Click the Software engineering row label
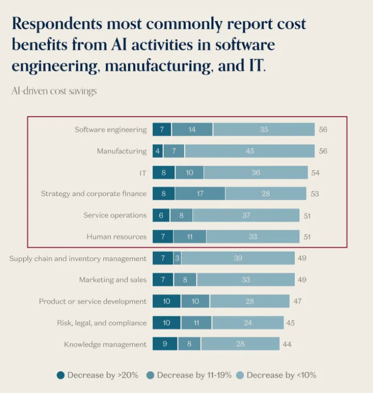(x=111, y=129)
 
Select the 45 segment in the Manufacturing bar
(x=250, y=151)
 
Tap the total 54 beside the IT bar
(x=315, y=173)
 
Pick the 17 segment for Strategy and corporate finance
(x=200, y=194)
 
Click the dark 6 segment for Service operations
(x=161, y=216)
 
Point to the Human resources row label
(x=116, y=237)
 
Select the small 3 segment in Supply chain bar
(x=177, y=258)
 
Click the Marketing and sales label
(x=113, y=280)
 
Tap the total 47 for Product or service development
(x=298, y=301)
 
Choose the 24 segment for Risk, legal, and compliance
(x=247, y=323)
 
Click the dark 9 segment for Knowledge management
(x=165, y=345)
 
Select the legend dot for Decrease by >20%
(x=61, y=375)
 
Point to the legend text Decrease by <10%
(x=281, y=375)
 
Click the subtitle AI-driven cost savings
(x=54, y=91)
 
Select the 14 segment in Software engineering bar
(x=192, y=129)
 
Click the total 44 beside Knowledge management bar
(x=287, y=345)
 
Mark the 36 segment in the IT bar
(x=256, y=173)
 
